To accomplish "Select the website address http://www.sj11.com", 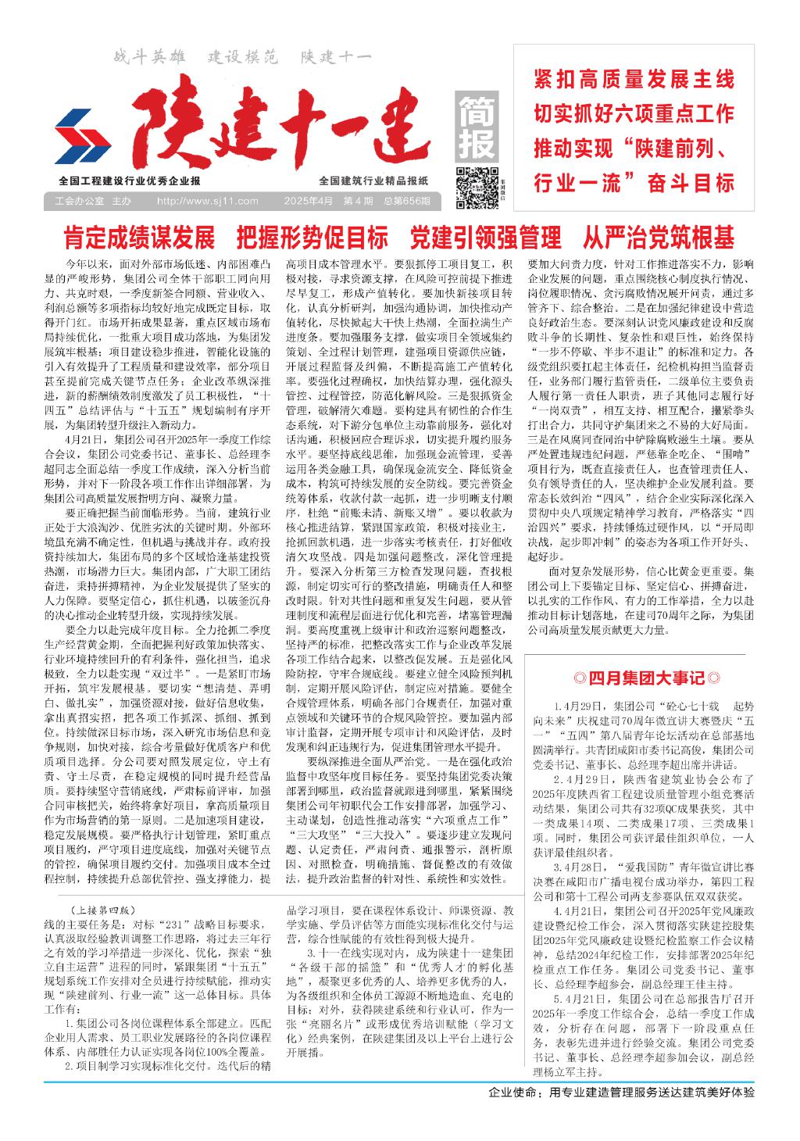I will [x=208, y=202].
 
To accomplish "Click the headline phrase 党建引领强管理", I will [x=485, y=236].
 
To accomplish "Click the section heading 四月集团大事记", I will [x=645, y=676].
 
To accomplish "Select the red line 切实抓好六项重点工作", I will [x=634, y=113].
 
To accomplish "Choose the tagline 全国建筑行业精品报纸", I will [x=374, y=181].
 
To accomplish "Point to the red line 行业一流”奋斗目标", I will [x=634, y=184].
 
